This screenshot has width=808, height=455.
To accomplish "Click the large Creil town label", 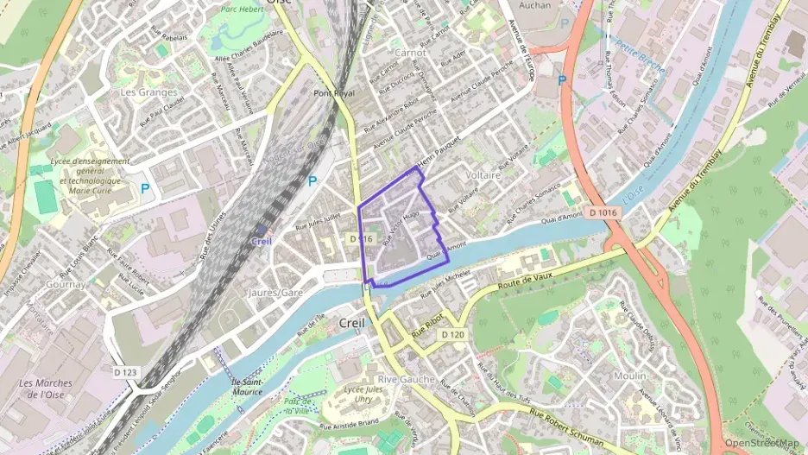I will [x=352, y=322].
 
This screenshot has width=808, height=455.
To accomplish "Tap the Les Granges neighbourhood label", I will [x=149, y=92].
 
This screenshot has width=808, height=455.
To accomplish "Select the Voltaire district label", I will [x=483, y=174].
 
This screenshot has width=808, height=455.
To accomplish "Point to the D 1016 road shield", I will [x=604, y=212].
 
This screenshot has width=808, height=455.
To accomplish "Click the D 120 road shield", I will [x=452, y=334].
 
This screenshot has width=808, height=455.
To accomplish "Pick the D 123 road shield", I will [x=125, y=372].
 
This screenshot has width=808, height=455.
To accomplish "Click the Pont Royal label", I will [x=334, y=93].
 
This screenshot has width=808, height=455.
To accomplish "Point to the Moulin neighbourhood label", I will [x=629, y=376].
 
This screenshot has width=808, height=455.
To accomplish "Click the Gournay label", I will [x=67, y=283].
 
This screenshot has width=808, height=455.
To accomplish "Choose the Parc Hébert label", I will [x=241, y=10].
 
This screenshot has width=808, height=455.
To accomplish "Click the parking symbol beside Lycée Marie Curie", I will [x=145, y=186].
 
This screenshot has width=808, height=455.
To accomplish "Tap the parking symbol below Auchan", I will [x=563, y=80].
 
